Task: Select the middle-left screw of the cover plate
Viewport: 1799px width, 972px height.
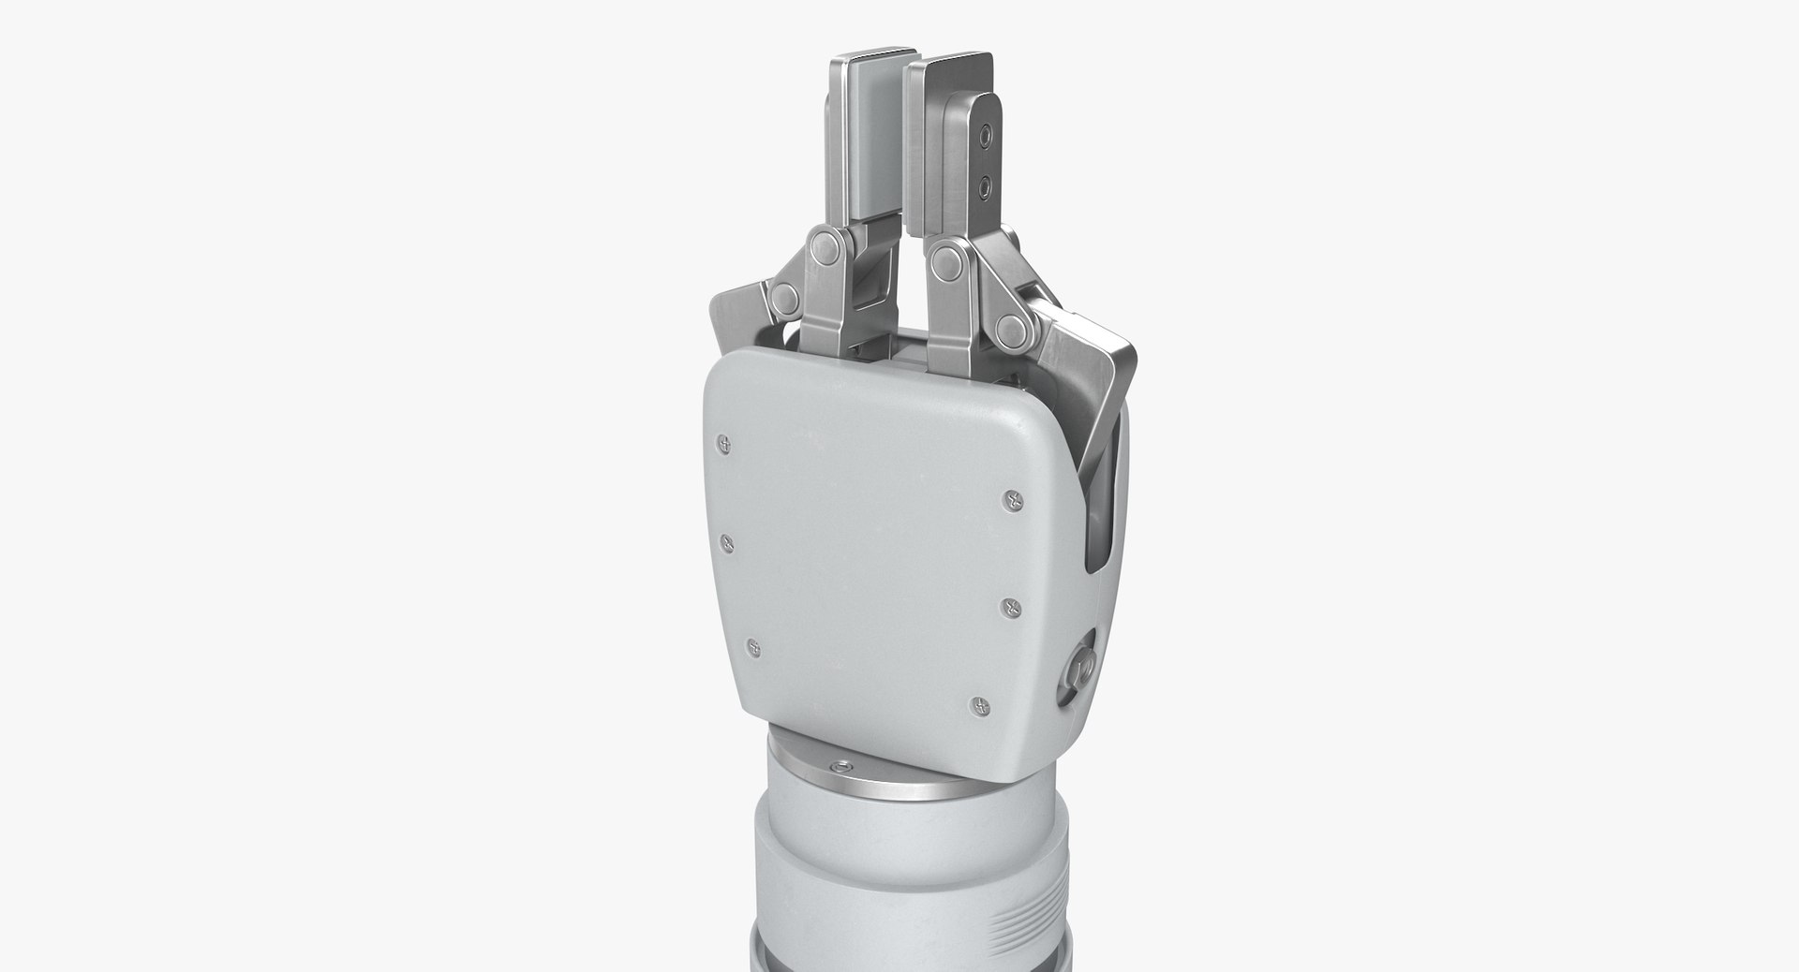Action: (x=726, y=541)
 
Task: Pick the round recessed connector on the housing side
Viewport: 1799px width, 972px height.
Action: (x=1078, y=670)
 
